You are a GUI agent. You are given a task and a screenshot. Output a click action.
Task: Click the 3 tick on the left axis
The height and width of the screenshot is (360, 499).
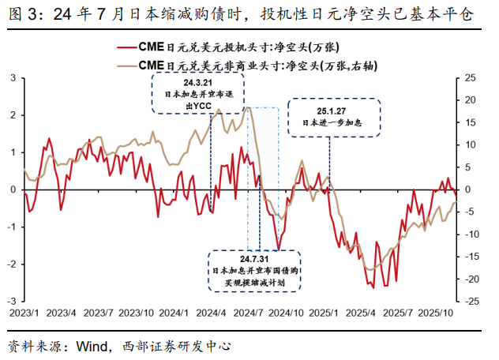(x=13, y=78)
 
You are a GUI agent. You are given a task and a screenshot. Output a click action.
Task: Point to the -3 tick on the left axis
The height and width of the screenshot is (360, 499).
(x=12, y=302)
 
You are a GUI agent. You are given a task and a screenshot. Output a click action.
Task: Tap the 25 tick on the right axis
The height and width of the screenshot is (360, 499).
(x=471, y=78)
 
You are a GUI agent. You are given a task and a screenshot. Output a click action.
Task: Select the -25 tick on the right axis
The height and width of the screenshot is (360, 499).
(x=471, y=302)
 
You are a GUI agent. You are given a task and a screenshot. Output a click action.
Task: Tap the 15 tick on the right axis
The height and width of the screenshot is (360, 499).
(x=471, y=122)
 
